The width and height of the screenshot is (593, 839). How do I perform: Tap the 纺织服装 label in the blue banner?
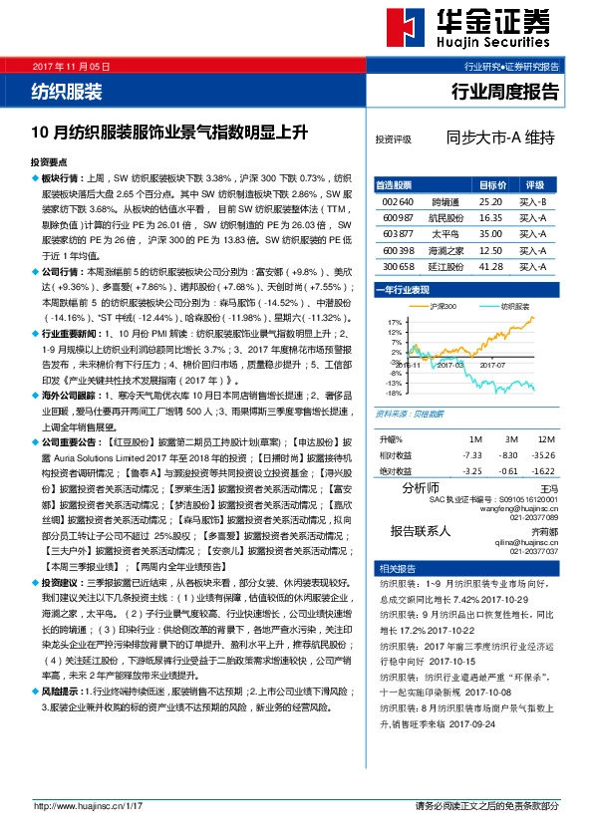click(x=67, y=93)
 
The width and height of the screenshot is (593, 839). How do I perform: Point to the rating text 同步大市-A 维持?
click(x=500, y=139)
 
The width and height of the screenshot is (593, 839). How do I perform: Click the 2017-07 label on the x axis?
click(x=493, y=366)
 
